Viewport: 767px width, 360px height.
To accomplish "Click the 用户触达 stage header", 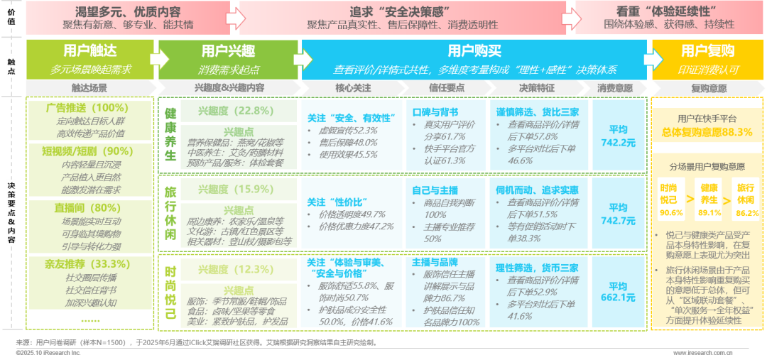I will [89, 51].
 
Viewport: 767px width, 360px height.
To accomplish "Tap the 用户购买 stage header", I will [474, 51].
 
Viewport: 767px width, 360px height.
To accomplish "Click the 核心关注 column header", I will [353, 88].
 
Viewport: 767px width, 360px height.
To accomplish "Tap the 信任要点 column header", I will [445, 88].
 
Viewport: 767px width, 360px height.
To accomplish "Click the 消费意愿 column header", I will [614, 88].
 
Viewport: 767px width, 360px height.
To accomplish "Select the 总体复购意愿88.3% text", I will [707, 132].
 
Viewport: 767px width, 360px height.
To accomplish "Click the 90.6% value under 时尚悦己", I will [670, 212].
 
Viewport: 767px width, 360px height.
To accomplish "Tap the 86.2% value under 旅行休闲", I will [746, 212].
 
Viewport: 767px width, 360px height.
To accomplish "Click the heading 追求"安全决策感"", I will [402, 12].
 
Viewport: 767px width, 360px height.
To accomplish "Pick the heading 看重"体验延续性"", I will [668, 12].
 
